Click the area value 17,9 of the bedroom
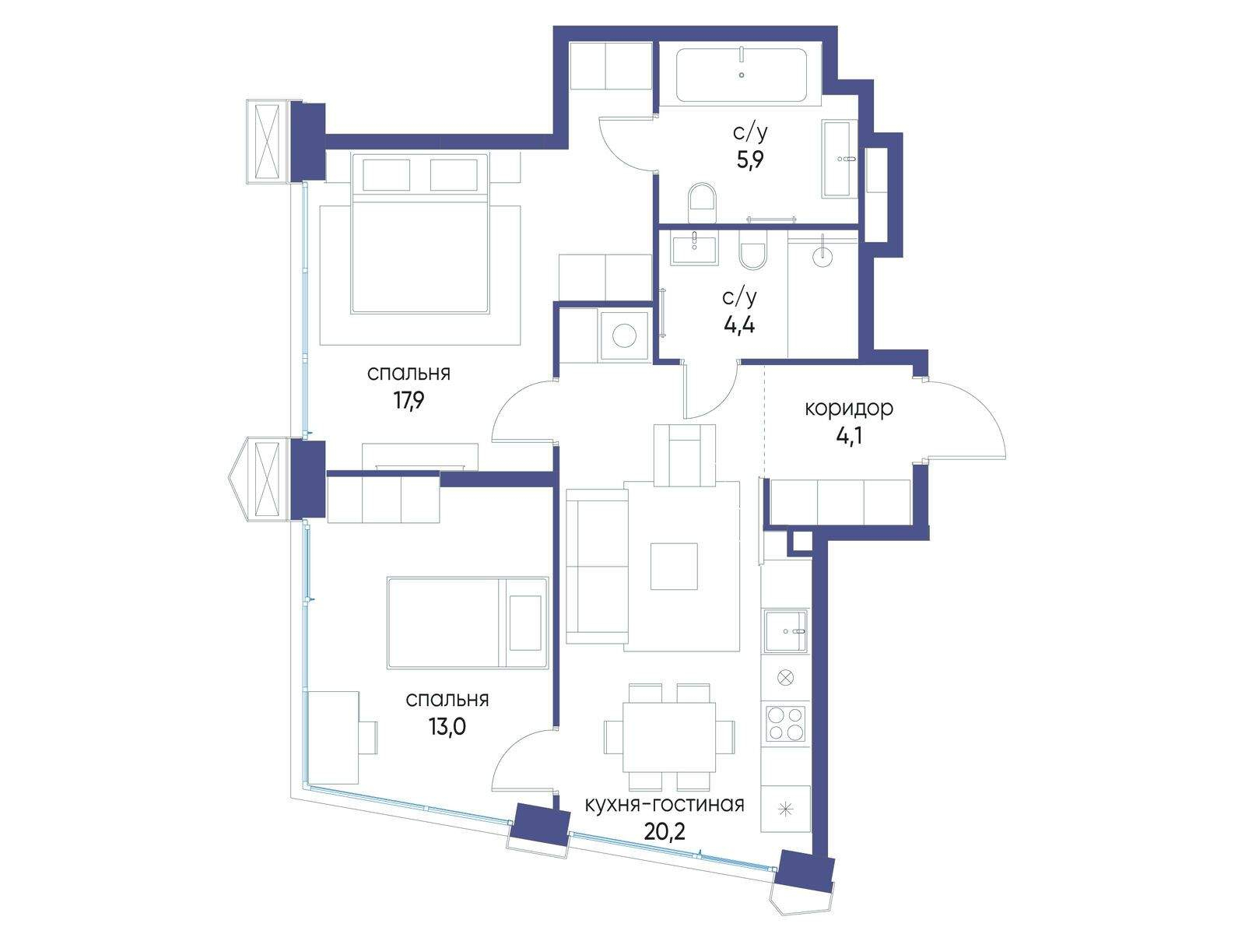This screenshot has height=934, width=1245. pyautogui.click(x=409, y=402)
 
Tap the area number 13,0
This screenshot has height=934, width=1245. pyautogui.click(x=447, y=726)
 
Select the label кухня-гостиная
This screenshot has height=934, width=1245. pyautogui.click(x=665, y=805)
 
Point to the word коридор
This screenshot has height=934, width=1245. pyautogui.click(x=849, y=409)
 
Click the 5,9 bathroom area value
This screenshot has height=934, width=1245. pyautogui.click(x=750, y=160)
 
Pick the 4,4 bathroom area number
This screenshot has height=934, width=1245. pyautogui.click(x=739, y=325)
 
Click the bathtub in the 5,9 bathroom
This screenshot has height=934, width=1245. pyautogui.click(x=742, y=75)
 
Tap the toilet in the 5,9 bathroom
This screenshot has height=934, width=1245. pyautogui.click(x=702, y=202)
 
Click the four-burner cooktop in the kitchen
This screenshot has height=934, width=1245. pyautogui.click(x=786, y=723)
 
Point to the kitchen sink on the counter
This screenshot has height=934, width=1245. pyautogui.click(x=786, y=630)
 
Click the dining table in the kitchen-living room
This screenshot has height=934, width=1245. pyautogui.click(x=669, y=737)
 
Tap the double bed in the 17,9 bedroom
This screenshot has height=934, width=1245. pyautogui.click(x=419, y=233)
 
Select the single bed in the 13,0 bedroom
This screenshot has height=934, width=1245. pyautogui.click(x=468, y=623)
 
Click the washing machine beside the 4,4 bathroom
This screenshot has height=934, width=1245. pyautogui.click(x=624, y=335)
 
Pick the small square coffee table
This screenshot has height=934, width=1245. pyautogui.click(x=674, y=566)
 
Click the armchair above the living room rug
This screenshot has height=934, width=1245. pyautogui.click(x=685, y=455)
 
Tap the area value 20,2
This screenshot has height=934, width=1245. pyautogui.click(x=665, y=831)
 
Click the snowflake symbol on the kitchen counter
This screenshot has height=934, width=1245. pyautogui.click(x=786, y=809)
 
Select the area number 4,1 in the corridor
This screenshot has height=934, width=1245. pyautogui.click(x=849, y=437)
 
